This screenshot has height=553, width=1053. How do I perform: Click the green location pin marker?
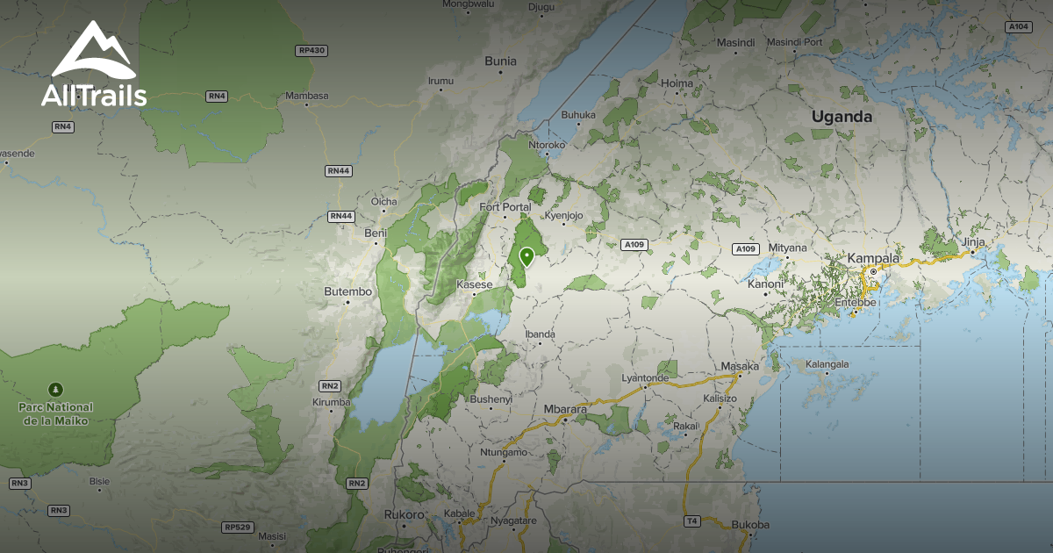click(x=526, y=256)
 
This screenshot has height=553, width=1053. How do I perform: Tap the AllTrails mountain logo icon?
click(x=93, y=53)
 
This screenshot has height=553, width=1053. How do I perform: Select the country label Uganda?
click(x=842, y=117)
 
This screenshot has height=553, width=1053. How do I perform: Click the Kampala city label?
click(x=873, y=258)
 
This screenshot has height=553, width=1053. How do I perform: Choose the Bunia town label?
click(x=501, y=61)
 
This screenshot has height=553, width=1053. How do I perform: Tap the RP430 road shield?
click(x=312, y=51)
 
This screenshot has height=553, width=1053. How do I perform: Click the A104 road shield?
click(x=1018, y=27)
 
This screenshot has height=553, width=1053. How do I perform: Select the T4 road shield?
click(x=691, y=521)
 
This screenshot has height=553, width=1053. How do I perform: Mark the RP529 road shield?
click(x=237, y=528)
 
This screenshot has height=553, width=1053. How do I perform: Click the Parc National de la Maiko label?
click(x=56, y=413)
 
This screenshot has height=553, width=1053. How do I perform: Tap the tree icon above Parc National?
click(x=56, y=388)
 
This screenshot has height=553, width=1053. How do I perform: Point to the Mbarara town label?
click(x=565, y=409)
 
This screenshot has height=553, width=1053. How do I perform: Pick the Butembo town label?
click(x=347, y=291)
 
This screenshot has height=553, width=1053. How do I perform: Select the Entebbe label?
click(x=855, y=302)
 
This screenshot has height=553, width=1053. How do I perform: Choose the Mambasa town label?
click(x=306, y=96)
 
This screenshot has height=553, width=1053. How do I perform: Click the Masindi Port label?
click(x=794, y=42)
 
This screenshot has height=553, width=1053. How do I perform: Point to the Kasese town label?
click(x=475, y=284)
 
